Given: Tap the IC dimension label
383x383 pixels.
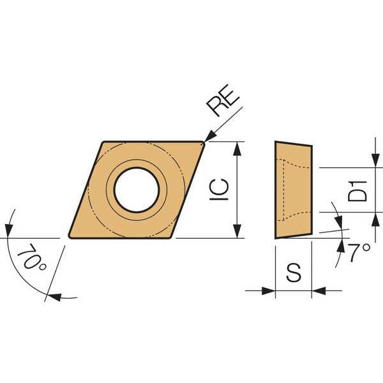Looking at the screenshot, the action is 220,190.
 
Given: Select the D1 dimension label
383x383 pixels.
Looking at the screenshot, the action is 357,191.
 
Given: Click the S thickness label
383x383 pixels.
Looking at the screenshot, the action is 294,273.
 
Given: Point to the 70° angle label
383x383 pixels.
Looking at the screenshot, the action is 31,257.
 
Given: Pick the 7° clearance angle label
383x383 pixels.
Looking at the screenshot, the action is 359,253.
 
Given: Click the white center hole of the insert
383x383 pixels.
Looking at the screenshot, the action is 137,190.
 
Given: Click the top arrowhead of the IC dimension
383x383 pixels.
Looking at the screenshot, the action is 237,149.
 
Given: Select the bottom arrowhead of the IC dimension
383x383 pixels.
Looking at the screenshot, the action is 237,231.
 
